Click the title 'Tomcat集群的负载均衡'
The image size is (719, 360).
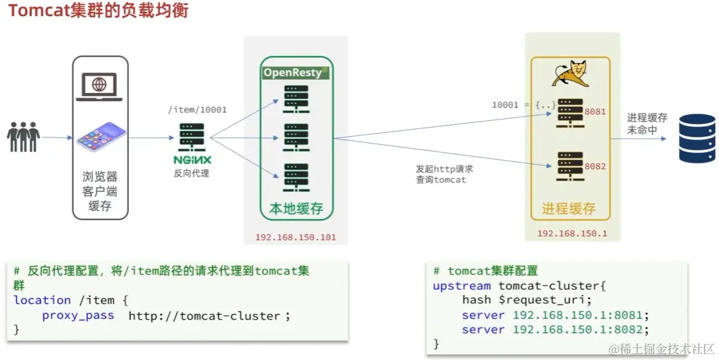coord(98,11)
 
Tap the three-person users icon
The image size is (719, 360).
coord(23,137)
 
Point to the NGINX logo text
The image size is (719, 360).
coord(192,160)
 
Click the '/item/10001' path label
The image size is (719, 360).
coord(197,110)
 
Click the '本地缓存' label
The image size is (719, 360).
coord(296,209)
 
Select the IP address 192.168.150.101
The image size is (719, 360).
coord(296,237)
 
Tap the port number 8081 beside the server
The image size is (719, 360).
coord(595,112)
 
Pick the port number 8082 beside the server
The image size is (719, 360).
coord(595,166)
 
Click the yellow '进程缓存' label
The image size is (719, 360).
coord(568,209)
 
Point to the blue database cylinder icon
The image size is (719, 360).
coord(696,138)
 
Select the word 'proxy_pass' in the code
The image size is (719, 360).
coord(78,315)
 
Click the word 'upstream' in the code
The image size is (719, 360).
coord(462,286)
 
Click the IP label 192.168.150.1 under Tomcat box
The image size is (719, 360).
coord(571,234)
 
